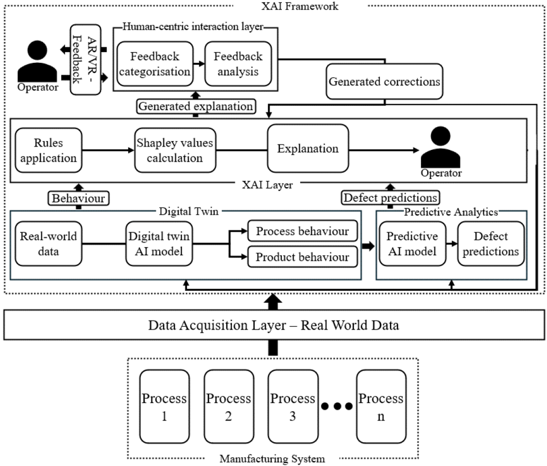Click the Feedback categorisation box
point(155,64)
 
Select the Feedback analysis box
point(238,64)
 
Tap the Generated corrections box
point(384,82)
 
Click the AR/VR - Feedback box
point(85,59)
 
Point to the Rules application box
point(49,150)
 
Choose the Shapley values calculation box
point(175,150)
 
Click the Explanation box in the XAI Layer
point(308,149)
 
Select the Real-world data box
point(49,244)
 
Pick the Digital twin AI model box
point(159,244)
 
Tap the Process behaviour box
point(302,231)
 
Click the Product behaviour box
point(302,257)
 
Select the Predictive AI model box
point(412,244)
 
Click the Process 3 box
point(293,407)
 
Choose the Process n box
point(381,407)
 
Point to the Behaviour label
point(78,198)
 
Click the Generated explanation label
point(196,106)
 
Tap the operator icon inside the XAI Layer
point(440,148)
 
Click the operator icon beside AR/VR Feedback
point(37,62)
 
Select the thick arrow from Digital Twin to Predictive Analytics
point(368,246)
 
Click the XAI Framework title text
point(300,6)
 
